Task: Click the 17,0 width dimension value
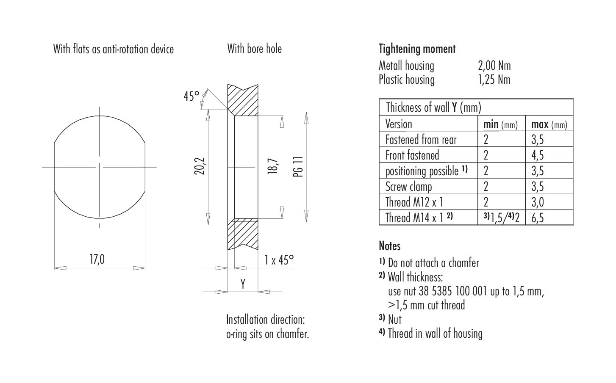tap(97, 259)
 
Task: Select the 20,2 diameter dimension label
tap(200, 166)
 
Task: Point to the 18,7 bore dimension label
tap(273, 166)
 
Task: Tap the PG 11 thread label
tap(298, 167)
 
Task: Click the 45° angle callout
tap(191, 96)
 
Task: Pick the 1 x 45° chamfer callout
tap(279, 260)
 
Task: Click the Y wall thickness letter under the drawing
tap(243, 284)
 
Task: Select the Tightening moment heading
tap(417, 49)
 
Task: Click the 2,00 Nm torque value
tap(494, 66)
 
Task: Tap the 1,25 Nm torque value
tap(494, 80)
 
